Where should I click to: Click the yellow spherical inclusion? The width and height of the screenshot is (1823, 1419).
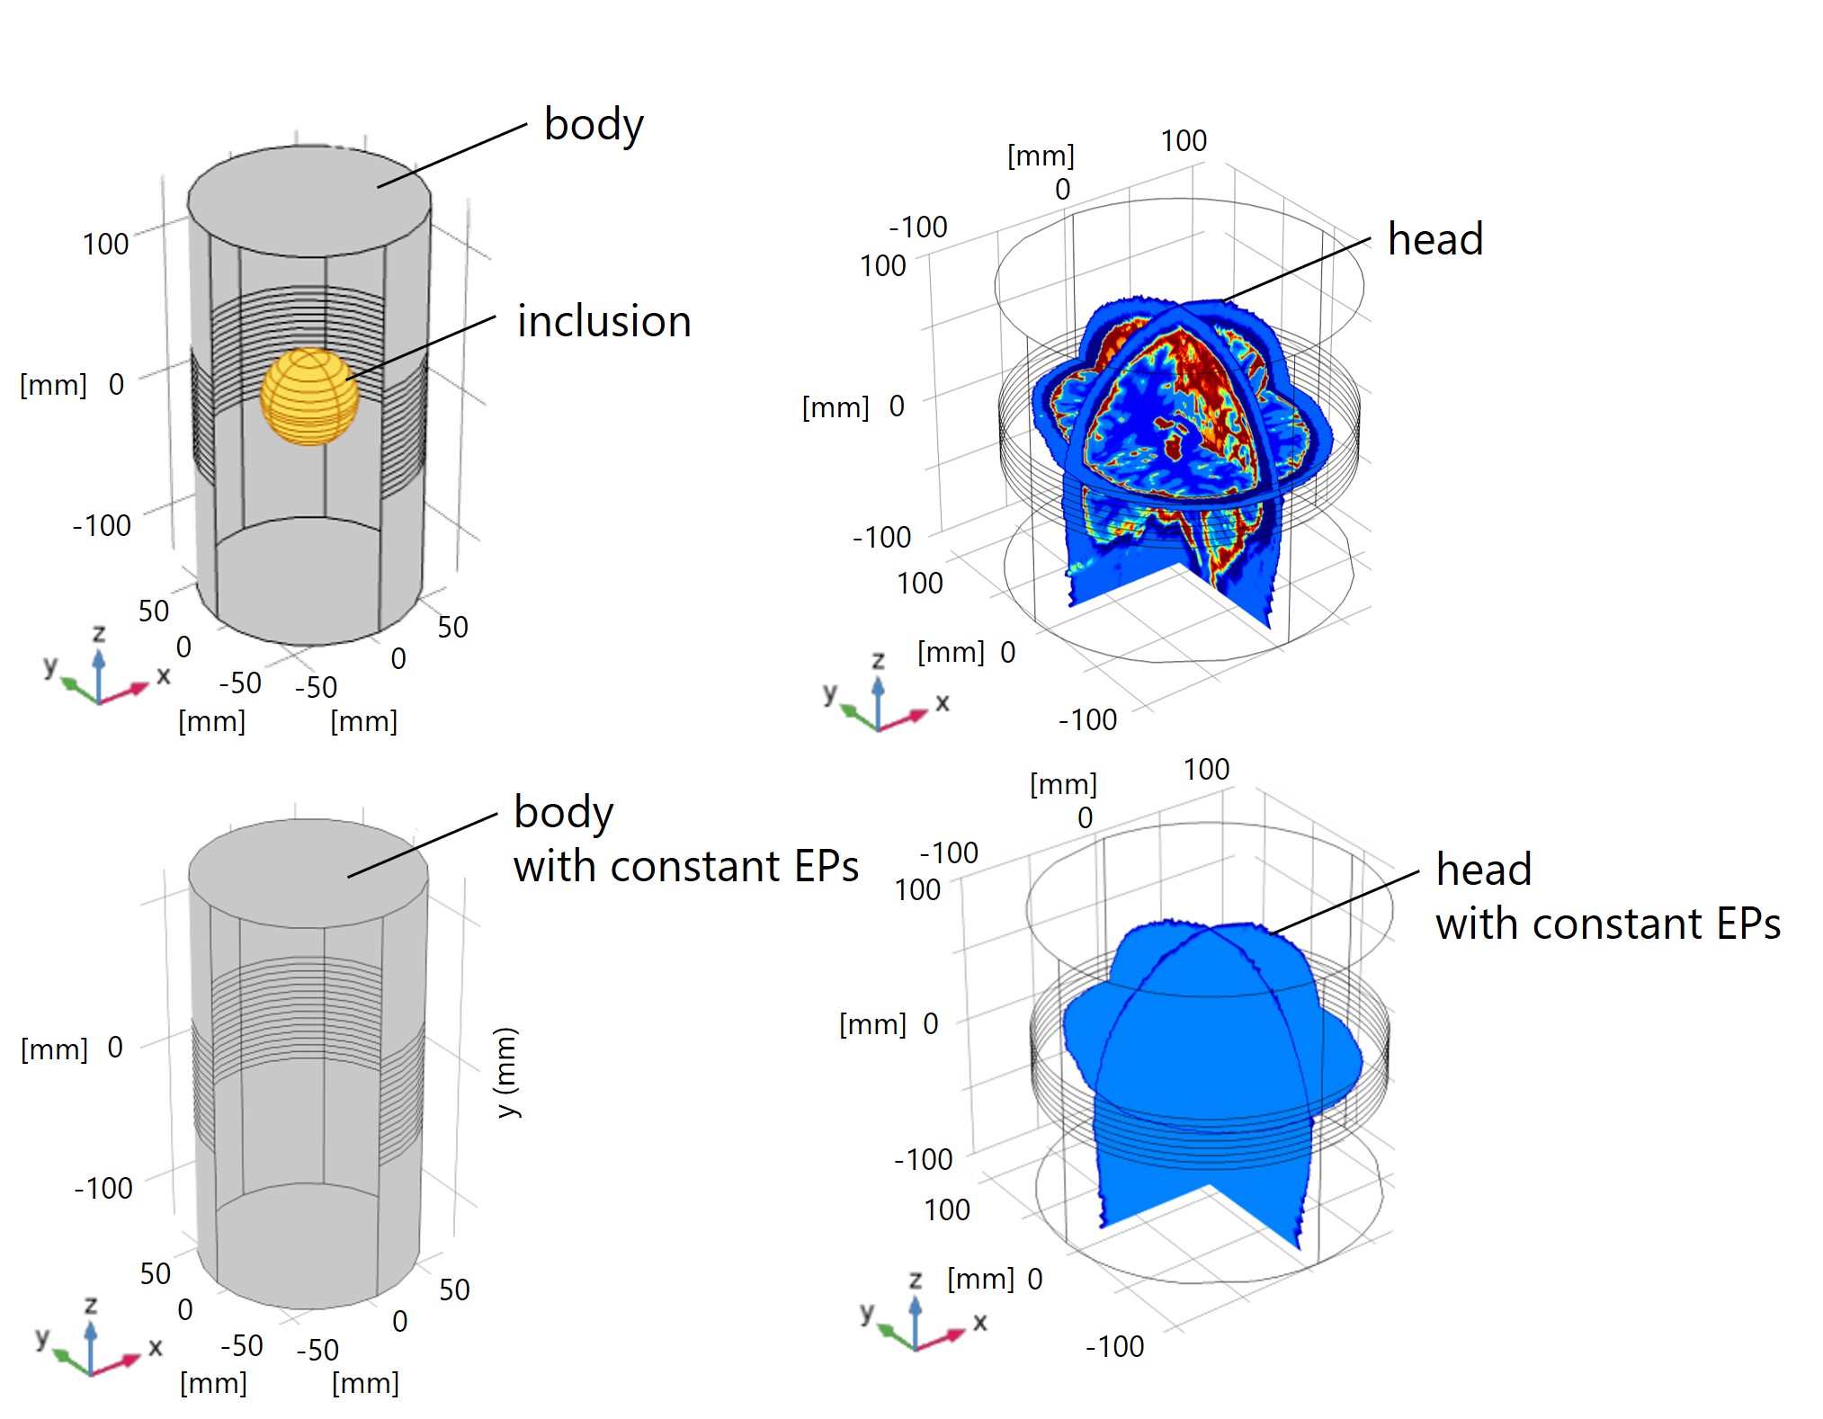(309, 397)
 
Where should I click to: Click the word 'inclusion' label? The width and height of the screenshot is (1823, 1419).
(603, 322)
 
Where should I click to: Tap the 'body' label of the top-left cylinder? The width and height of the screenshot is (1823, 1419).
(594, 124)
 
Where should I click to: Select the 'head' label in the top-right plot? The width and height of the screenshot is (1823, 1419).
(1434, 239)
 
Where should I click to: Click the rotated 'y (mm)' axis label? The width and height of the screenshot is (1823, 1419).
(507, 1072)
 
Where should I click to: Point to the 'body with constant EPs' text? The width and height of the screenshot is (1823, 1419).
(684, 839)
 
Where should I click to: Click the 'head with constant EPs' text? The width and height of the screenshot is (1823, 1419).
(1606, 897)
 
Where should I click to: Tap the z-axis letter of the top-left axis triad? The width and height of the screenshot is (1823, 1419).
(99, 633)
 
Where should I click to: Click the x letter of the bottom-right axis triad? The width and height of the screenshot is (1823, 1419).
(979, 1322)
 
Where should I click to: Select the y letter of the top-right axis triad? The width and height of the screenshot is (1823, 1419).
(829, 692)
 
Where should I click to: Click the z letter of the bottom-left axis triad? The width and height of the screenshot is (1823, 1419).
(91, 1305)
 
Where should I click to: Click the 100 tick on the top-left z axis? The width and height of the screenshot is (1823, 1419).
(105, 245)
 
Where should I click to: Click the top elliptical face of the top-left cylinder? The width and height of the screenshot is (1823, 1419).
(308, 200)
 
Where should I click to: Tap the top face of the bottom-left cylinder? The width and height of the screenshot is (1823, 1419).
(308, 872)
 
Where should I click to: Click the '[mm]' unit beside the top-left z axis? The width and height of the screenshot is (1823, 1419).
(53, 386)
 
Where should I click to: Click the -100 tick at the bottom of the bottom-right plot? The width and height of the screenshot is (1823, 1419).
(1115, 1346)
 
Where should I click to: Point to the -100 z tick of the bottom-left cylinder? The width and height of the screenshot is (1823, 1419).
(103, 1188)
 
